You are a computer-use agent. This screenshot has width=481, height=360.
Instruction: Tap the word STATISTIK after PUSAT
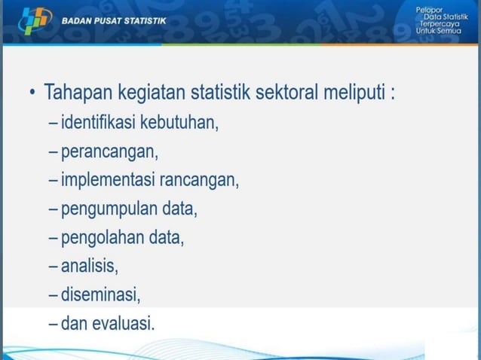coord(145,21)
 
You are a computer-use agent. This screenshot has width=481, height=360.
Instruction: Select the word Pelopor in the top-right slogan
coord(431,8)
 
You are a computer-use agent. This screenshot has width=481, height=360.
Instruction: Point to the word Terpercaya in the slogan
coord(438,24)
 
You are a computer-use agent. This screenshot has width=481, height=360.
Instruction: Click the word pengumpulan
coord(106,209)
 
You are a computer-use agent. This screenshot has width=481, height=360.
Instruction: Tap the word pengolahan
coord(100,238)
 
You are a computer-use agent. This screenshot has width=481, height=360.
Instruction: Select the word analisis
coord(89,266)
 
